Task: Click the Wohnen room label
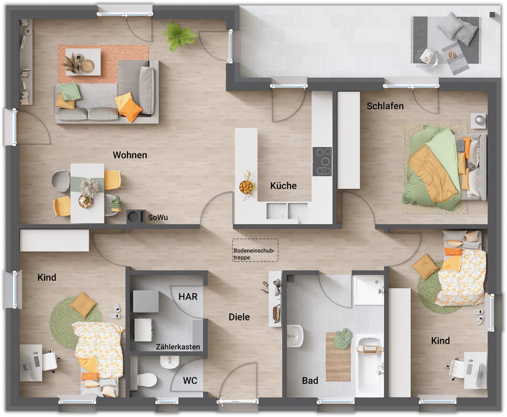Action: (130, 155)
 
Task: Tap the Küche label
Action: (283, 186)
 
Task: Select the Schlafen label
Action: (385, 106)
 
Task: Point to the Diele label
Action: (239, 317)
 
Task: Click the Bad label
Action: (310, 380)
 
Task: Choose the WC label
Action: (190, 380)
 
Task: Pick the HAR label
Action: (188, 297)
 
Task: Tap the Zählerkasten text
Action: (178, 347)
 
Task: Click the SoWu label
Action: (158, 217)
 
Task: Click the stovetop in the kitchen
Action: (322, 161)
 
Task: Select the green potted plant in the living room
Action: (179, 36)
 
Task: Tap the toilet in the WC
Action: (147, 380)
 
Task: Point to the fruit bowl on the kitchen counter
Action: (246, 187)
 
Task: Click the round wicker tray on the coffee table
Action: (88, 66)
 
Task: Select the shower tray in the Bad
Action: (368, 290)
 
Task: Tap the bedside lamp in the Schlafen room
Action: (478, 120)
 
